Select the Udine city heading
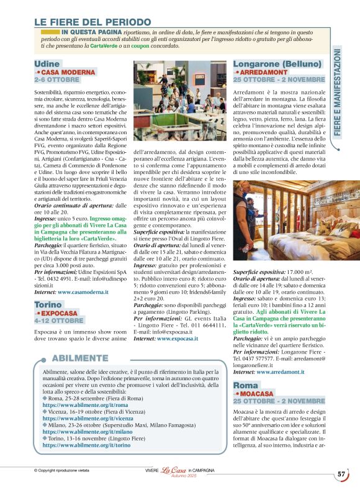point(47,64)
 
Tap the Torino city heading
point(48,305)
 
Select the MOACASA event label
point(255,394)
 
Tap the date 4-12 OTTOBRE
point(58,321)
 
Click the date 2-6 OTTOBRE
point(57,80)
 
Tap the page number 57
point(342,474)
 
